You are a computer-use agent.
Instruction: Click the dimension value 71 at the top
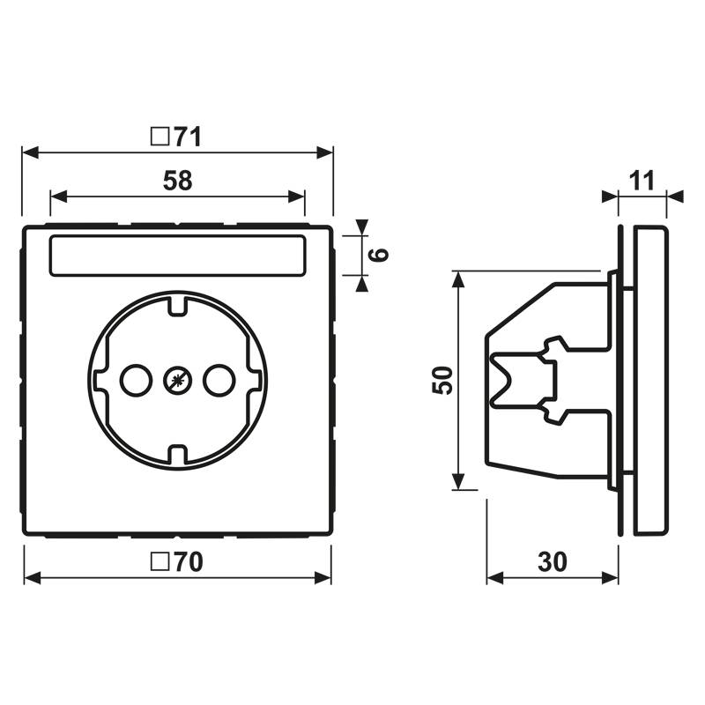click(187, 137)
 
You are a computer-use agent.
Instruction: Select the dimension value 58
click(178, 181)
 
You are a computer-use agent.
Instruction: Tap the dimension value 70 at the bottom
click(187, 561)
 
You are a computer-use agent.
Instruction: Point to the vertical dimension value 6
click(377, 256)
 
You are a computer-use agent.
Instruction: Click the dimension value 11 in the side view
click(642, 181)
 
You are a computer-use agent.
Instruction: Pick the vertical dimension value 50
click(445, 380)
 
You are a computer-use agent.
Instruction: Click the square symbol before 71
click(160, 137)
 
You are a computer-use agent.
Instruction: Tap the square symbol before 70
click(160, 561)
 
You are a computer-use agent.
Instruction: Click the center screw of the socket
click(176, 381)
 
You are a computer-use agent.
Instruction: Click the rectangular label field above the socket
click(176, 256)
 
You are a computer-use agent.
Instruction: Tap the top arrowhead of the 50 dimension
click(458, 279)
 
